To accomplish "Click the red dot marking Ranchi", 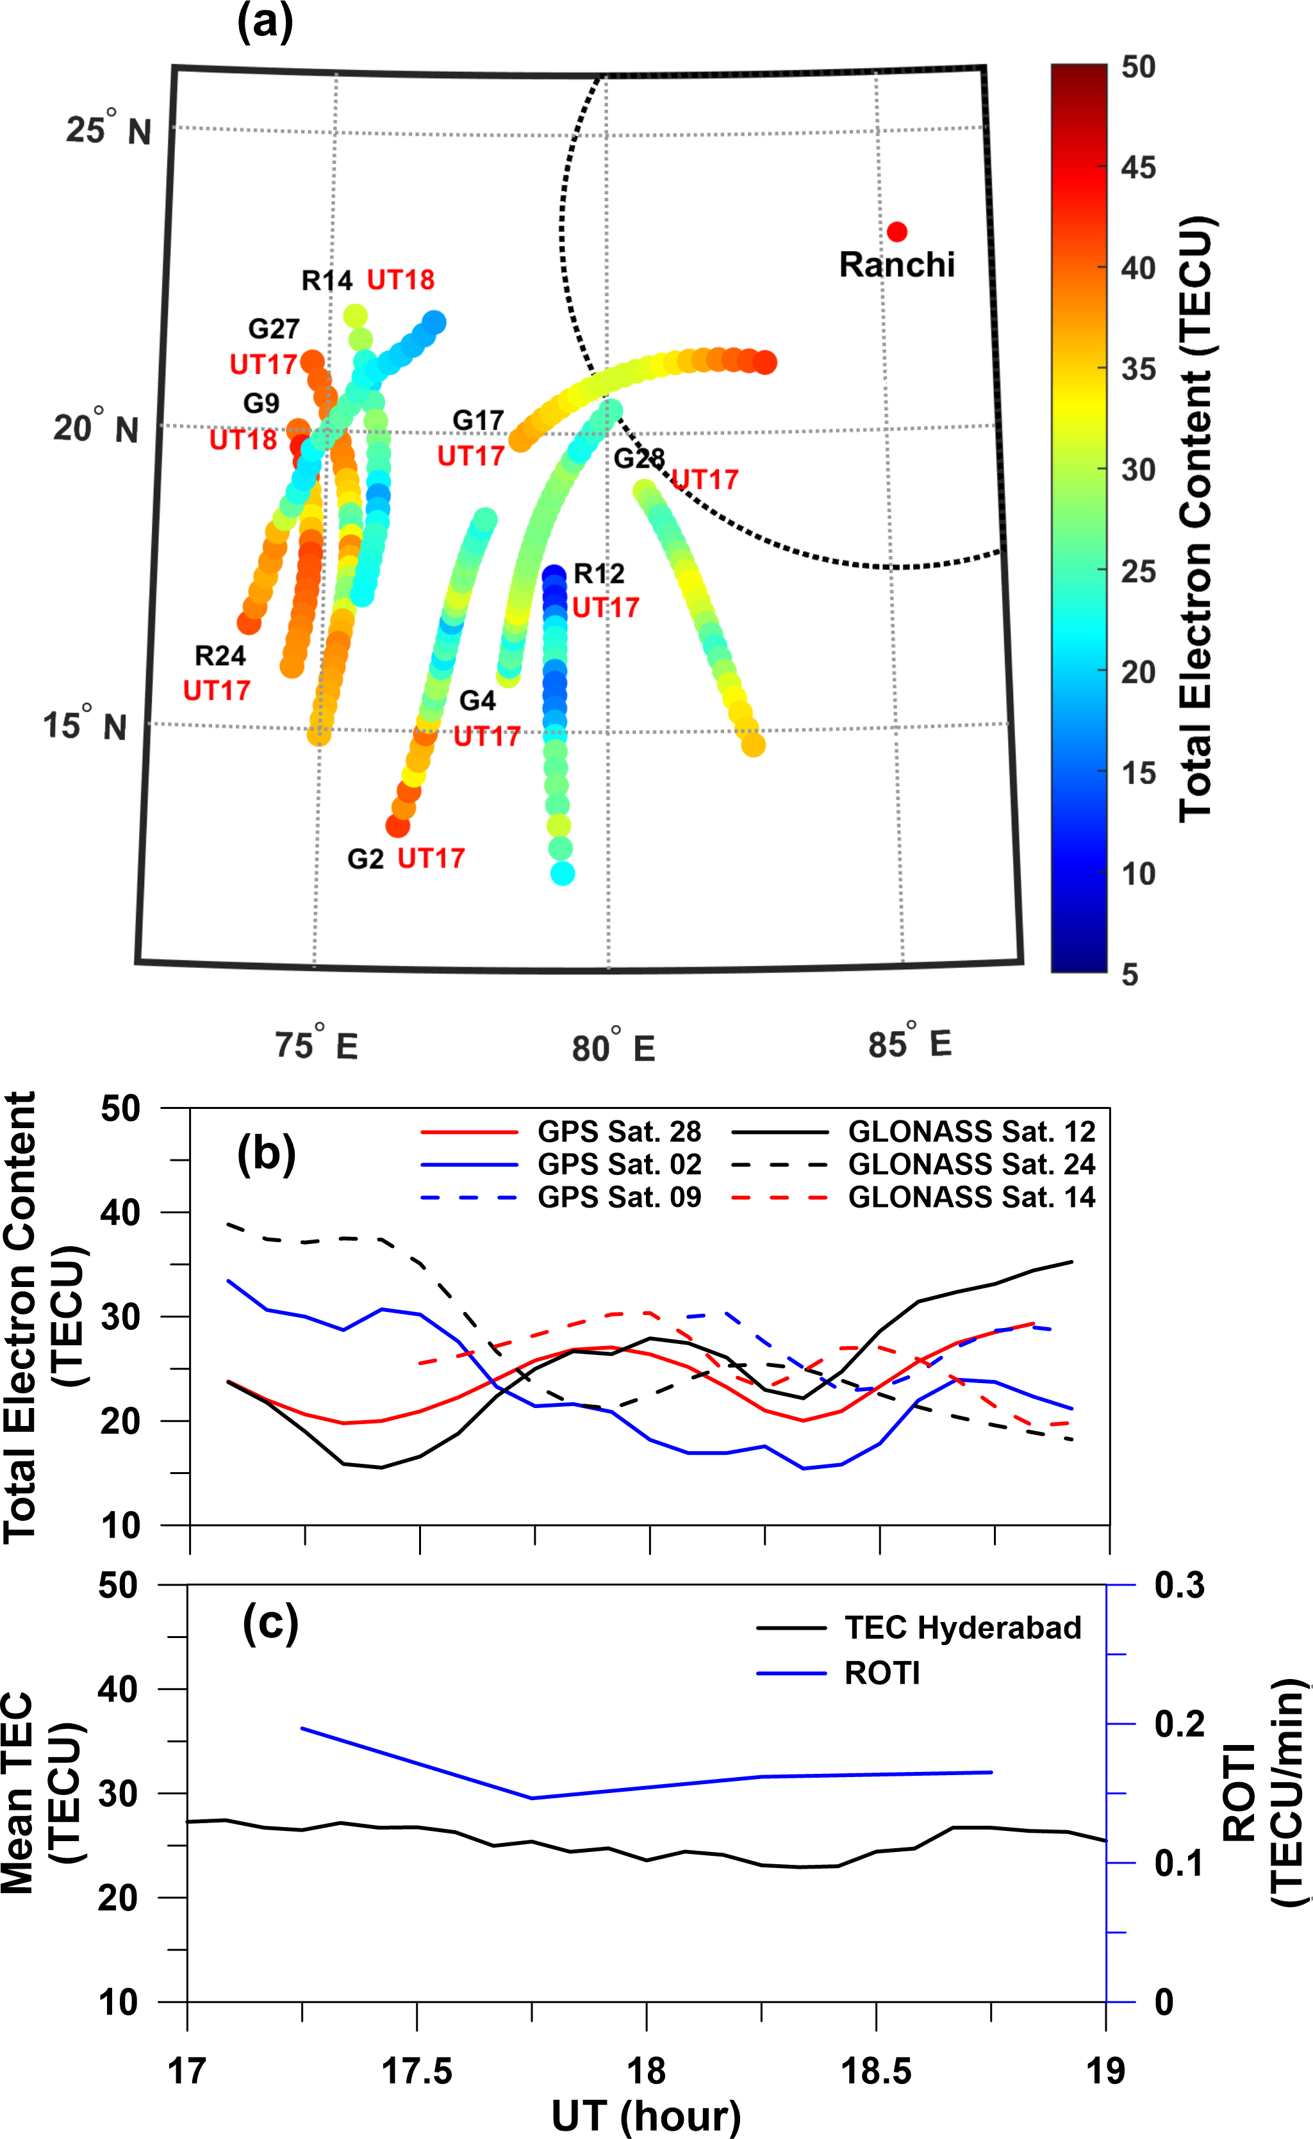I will click(897, 232).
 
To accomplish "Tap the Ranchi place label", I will click(896, 265).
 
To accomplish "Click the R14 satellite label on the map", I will click(327, 281).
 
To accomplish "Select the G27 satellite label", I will click(274, 329).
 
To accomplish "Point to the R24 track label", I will click(220, 655).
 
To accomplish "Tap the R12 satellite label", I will click(599, 574).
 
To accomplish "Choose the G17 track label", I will click(477, 421).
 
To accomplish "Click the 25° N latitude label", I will click(108, 130).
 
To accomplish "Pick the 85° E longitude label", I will click(909, 1042).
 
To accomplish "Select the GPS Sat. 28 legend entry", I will click(618, 1132).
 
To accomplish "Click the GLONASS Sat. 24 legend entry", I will click(971, 1164).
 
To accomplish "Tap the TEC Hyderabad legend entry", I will click(962, 1628).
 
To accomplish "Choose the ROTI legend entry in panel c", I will click(881, 1673).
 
